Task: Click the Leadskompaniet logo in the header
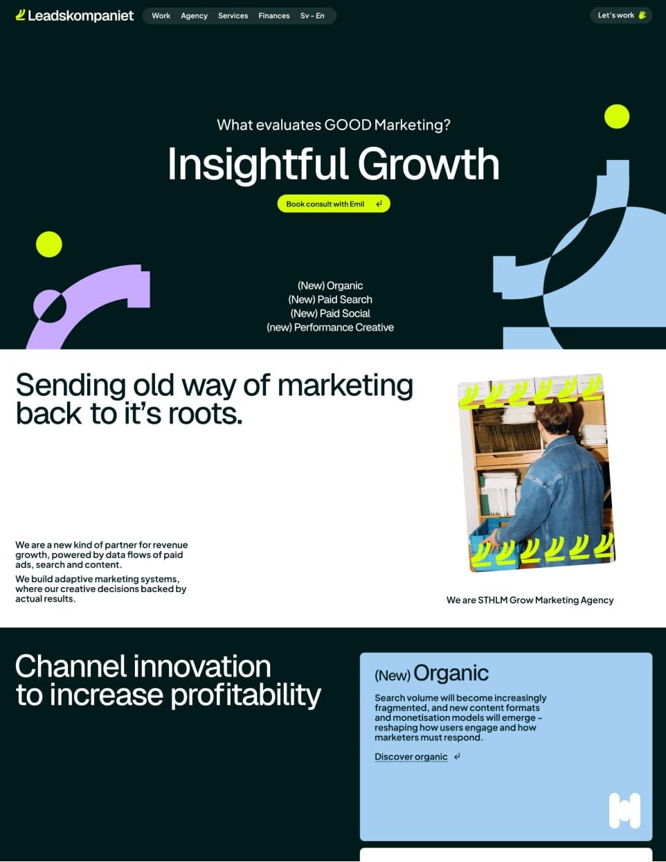click(x=74, y=15)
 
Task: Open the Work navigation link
click(x=161, y=15)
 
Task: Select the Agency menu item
click(x=194, y=15)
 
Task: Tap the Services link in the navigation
click(x=233, y=15)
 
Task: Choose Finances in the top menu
click(x=274, y=15)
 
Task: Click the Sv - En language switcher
click(x=312, y=15)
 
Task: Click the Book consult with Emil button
click(x=334, y=204)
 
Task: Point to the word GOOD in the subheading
click(x=348, y=125)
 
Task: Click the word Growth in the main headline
click(x=429, y=164)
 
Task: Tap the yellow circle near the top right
click(x=616, y=116)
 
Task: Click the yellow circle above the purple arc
click(x=49, y=244)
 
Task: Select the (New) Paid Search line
click(x=330, y=299)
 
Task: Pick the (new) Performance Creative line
click(x=330, y=327)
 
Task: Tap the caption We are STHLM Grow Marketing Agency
click(x=530, y=600)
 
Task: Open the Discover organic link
click(x=411, y=757)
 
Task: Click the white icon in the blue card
click(x=624, y=811)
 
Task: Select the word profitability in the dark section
click(x=246, y=694)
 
